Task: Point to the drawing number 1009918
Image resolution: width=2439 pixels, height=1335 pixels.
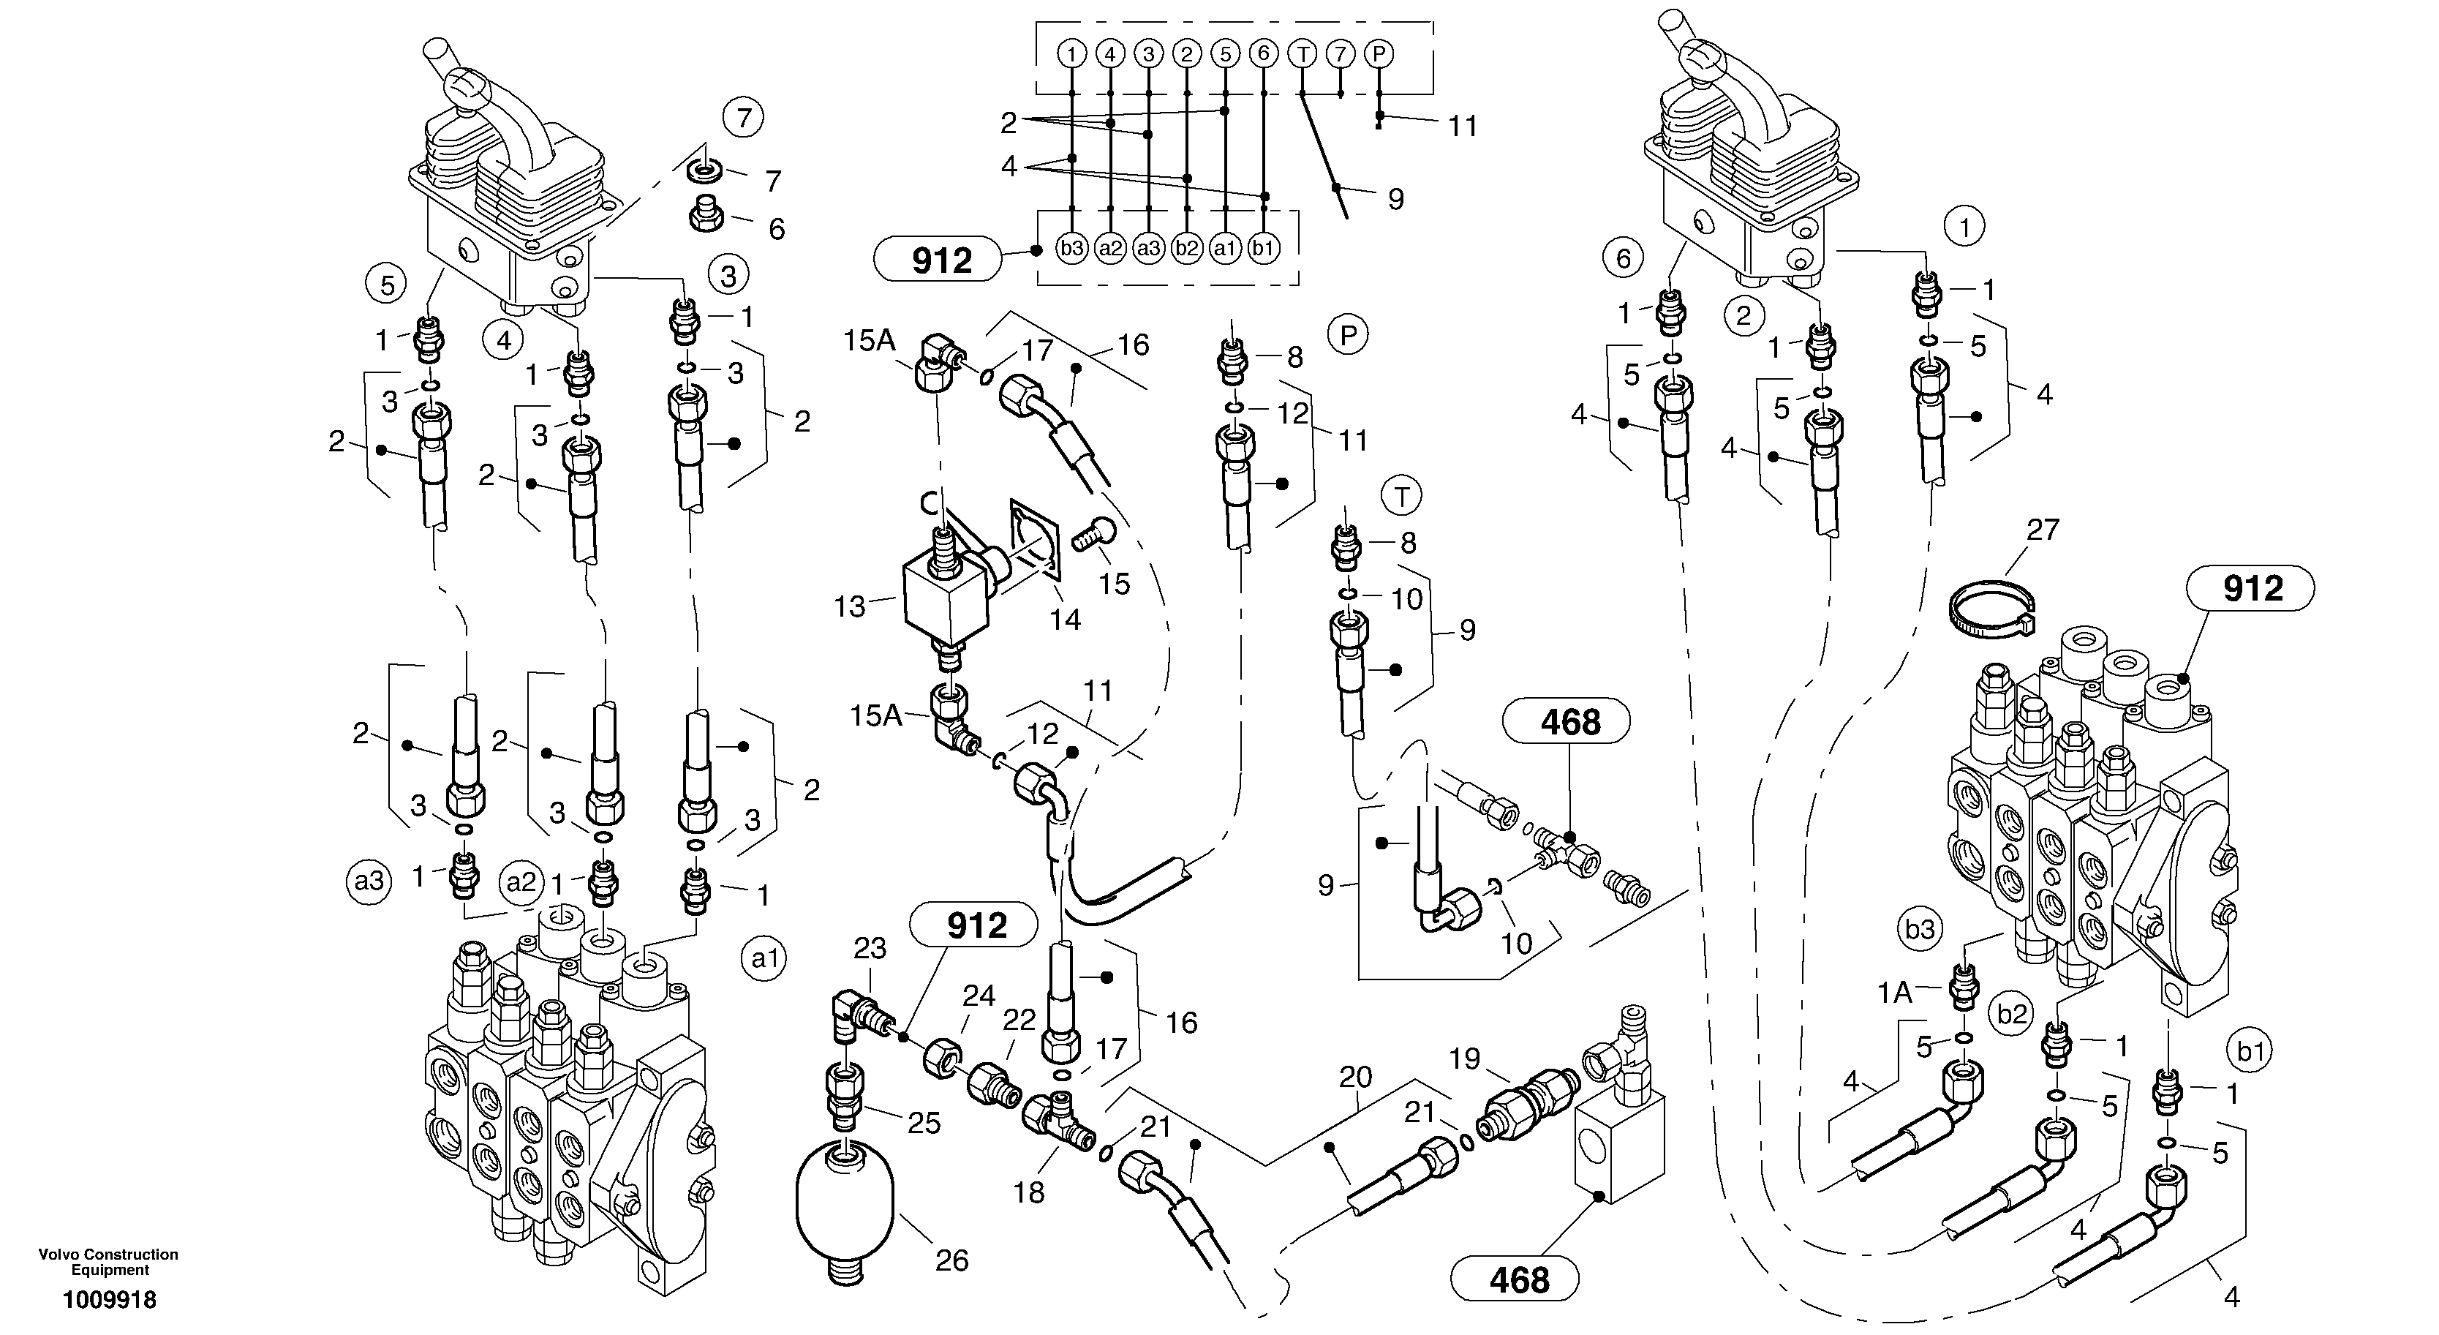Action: tap(109, 1300)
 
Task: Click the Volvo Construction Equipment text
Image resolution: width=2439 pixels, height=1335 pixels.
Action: tap(109, 1261)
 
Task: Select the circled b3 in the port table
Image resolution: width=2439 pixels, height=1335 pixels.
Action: tap(1072, 249)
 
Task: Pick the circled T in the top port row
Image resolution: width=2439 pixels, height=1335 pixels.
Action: tap(1303, 54)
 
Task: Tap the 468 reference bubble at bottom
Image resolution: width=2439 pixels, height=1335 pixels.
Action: tap(1514, 1280)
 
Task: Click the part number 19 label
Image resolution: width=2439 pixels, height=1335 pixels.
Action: tap(1465, 1058)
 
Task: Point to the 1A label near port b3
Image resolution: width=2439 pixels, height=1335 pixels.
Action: tap(1895, 992)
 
